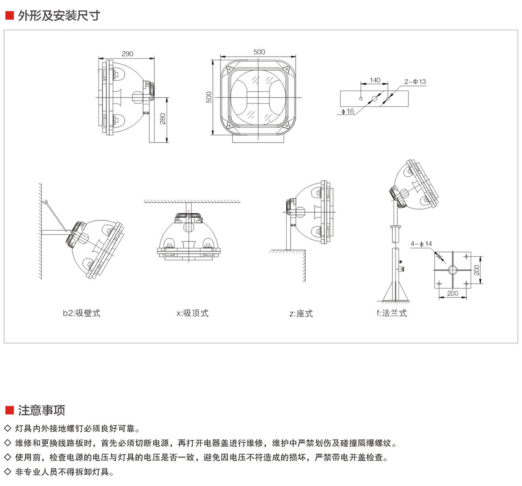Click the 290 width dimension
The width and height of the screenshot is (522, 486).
pos(127,54)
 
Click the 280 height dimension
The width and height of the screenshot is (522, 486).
pos(163,119)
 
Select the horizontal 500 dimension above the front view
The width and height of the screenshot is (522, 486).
pos(259,52)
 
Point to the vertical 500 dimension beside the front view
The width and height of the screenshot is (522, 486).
pos(209,98)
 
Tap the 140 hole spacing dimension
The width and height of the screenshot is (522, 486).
pos(375,80)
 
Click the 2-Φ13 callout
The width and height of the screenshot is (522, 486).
pos(415,82)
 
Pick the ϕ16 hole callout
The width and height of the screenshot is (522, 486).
pos(348,111)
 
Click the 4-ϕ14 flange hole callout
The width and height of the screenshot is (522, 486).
pos(421,244)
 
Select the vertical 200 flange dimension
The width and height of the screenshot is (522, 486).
pos(477,270)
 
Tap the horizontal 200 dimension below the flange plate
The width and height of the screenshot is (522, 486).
pos(452,293)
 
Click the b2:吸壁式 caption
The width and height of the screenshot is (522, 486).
pos(81,313)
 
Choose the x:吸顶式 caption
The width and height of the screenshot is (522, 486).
pos(192,313)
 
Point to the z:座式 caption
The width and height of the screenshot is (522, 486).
pos(301,313)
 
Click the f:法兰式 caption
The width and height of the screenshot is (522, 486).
pos(391,313)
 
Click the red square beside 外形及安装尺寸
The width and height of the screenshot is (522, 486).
pos(9,16)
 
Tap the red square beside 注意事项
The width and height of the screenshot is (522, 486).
pos(9,410)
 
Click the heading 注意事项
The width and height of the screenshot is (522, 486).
pos(41,410)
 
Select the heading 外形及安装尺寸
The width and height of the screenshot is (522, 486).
pos(58,16)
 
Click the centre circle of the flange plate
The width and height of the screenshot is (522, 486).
pos(452,270)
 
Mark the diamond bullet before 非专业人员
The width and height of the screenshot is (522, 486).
pos(7,472)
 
